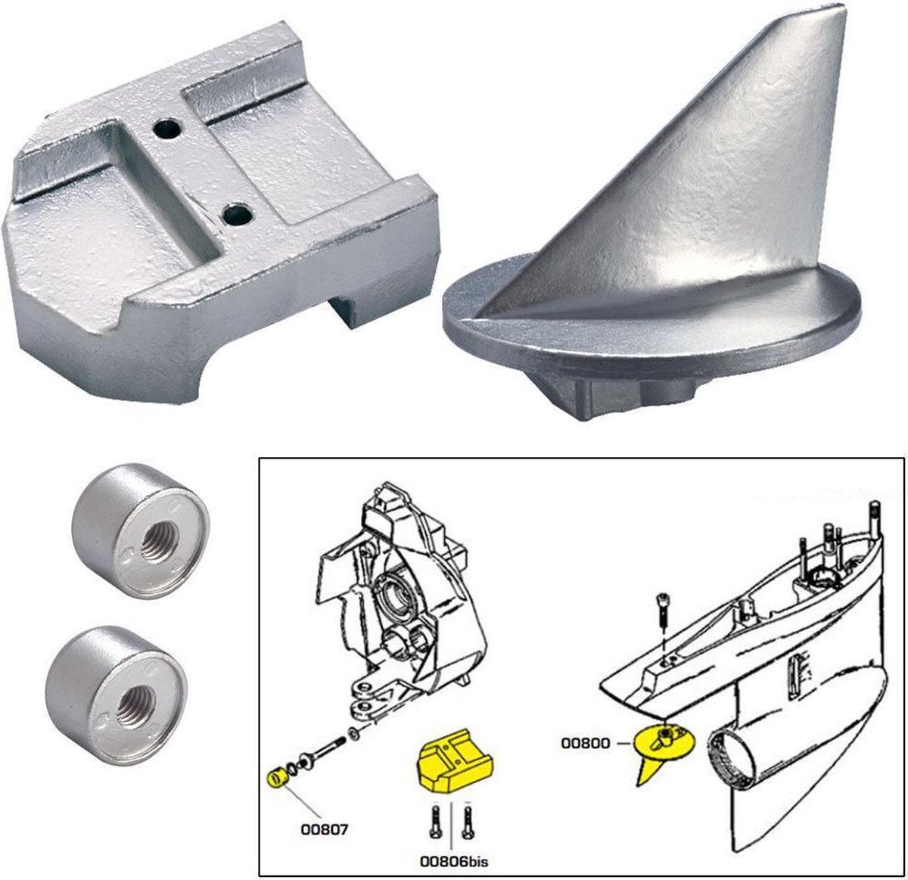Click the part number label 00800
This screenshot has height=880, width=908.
click(585, 743)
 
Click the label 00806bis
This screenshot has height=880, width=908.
click(451, 860)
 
